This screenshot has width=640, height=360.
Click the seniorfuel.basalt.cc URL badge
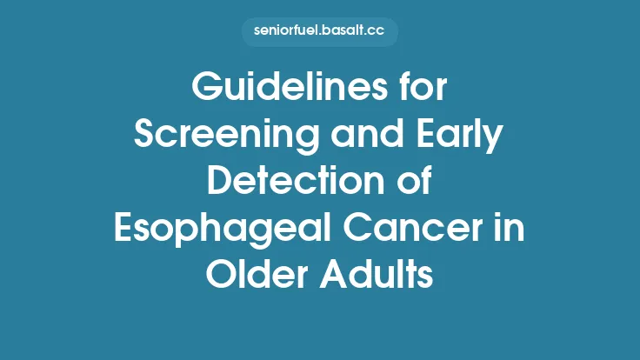coord(320,32)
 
